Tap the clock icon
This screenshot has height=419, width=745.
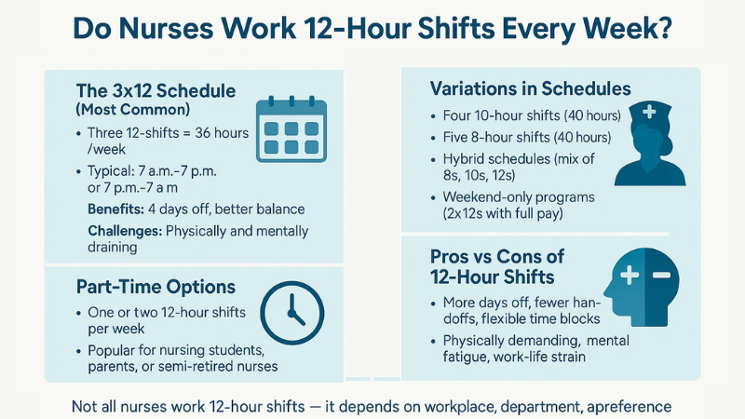[290, 309]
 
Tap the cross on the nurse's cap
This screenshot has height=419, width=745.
[648, 112]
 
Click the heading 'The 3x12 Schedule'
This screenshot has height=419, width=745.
[156, 91]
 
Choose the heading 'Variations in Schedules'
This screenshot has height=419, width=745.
[530, 89]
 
